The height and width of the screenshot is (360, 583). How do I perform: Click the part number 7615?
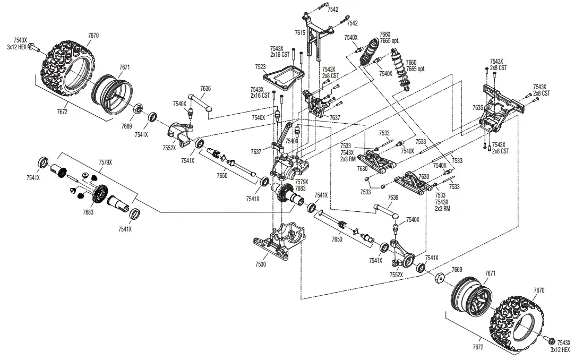(300, 33)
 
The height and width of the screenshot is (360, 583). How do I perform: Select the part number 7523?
(261, 67)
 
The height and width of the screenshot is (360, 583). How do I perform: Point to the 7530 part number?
(261, 264)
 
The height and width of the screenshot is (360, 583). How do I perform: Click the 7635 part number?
(478, 107)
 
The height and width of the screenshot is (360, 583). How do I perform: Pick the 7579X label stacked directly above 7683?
(302, 182)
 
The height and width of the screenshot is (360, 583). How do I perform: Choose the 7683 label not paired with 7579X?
(88, 212)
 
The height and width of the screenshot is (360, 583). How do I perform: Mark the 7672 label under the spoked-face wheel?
(477, 347)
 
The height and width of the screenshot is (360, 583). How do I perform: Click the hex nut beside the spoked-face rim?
(439, 278)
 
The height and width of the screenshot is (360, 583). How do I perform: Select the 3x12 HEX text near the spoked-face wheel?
(560, 350)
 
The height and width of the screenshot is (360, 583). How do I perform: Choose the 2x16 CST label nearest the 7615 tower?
(280, 54)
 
